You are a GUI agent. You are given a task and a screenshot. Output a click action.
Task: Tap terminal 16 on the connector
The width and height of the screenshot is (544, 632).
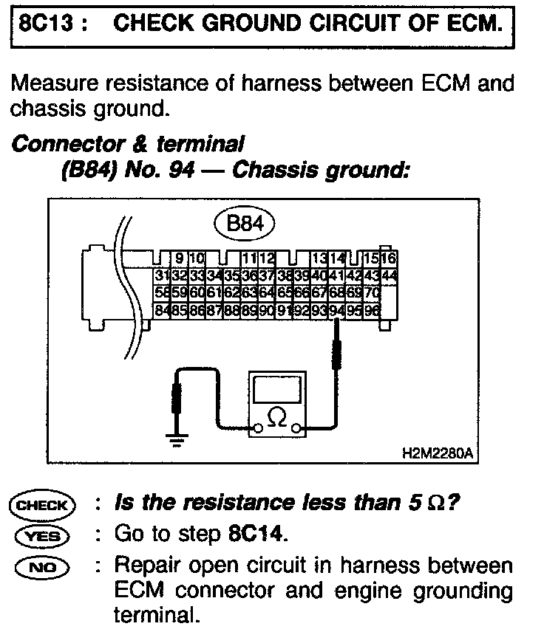pyautogui.click(x=389, y=259)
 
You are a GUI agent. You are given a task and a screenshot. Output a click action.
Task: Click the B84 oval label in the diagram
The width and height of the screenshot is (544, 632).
pyautogui.click(x=243, y=224)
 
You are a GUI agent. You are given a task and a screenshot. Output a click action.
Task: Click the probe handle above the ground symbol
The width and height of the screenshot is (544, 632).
pyautogui.click(x=176, y=399)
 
